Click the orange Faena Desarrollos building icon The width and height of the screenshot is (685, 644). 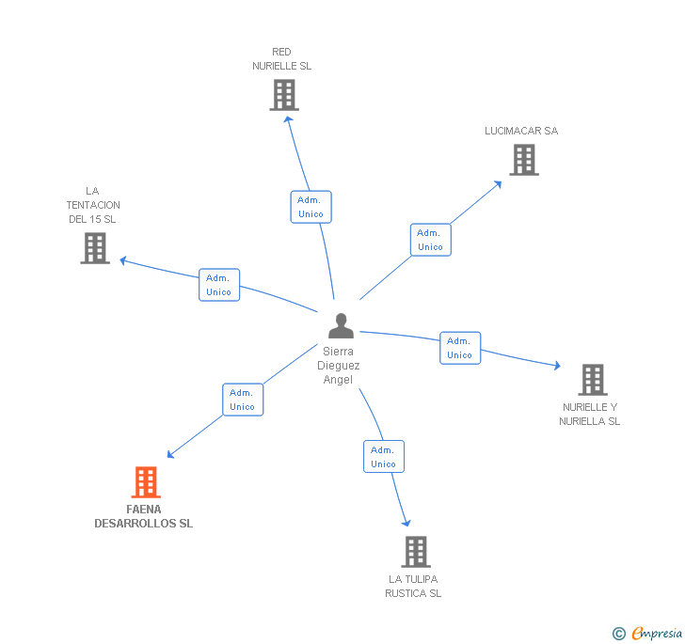(x=145, y=482)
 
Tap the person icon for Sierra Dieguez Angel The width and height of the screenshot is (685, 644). (x=341, y=326)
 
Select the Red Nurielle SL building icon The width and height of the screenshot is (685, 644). (x=283, y=95)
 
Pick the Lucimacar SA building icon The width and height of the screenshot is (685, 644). (x=524, y=160)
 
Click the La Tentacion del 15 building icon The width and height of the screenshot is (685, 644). (x=95, y=248)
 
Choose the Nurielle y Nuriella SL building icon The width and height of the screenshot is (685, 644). (x=592, y=380)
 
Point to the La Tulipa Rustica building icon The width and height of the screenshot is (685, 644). (x=415, y=552)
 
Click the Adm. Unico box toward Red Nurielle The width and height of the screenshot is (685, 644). (x=311, y=207)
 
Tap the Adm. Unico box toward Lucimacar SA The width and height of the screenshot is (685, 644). (x=430, y=240)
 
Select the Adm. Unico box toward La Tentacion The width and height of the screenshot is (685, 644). (x=219, y=285)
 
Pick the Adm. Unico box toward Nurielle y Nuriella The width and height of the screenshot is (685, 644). (x=459, y=348)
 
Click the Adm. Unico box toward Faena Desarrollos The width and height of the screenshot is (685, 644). (x=243, y=400)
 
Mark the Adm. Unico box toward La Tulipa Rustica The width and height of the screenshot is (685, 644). (x=383, y=456)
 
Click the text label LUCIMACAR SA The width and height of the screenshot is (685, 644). (x=521, y=131)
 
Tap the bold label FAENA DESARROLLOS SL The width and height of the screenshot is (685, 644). (x=144, y=516)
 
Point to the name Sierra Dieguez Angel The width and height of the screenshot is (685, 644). (x=339, y=365)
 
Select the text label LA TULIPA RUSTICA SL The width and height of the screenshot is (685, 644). (x=413, y=586)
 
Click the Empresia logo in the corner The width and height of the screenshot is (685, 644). (x=656, y=634)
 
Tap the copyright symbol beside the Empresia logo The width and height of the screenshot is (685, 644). (x=618, y=634)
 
